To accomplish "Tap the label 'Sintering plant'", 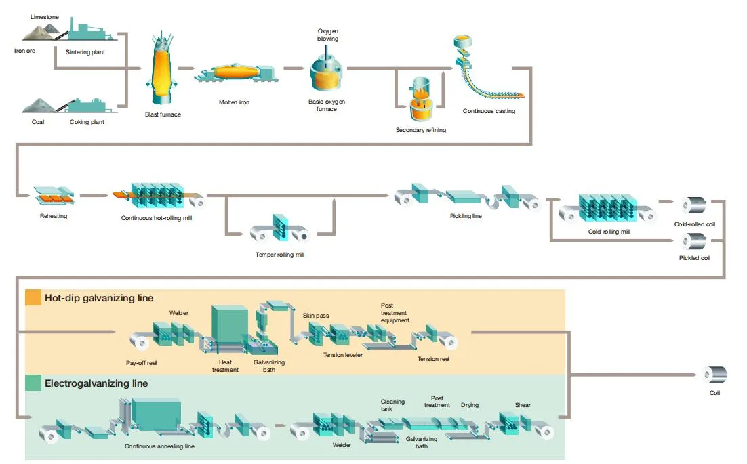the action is (x=85, y=52).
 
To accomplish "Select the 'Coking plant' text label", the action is (x=87, y=122).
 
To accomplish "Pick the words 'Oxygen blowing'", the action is (x=328, y=35).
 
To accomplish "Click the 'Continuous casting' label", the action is (x=489, y=111).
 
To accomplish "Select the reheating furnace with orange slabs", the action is (x=54, y=195).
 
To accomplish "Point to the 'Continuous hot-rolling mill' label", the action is (x=157, y=218).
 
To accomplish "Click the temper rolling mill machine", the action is (x=280, y=229).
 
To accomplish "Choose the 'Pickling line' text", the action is (x=466, y=216).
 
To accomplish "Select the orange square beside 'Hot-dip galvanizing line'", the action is (x=33, y=297).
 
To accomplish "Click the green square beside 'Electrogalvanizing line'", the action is (x=33, y=383).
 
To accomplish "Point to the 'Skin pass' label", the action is (x=316, y=316).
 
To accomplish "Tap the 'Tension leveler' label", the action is (x=342, y=354).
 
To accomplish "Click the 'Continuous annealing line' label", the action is (x=159, y=446).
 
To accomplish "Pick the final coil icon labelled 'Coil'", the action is (x=715, y=375).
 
